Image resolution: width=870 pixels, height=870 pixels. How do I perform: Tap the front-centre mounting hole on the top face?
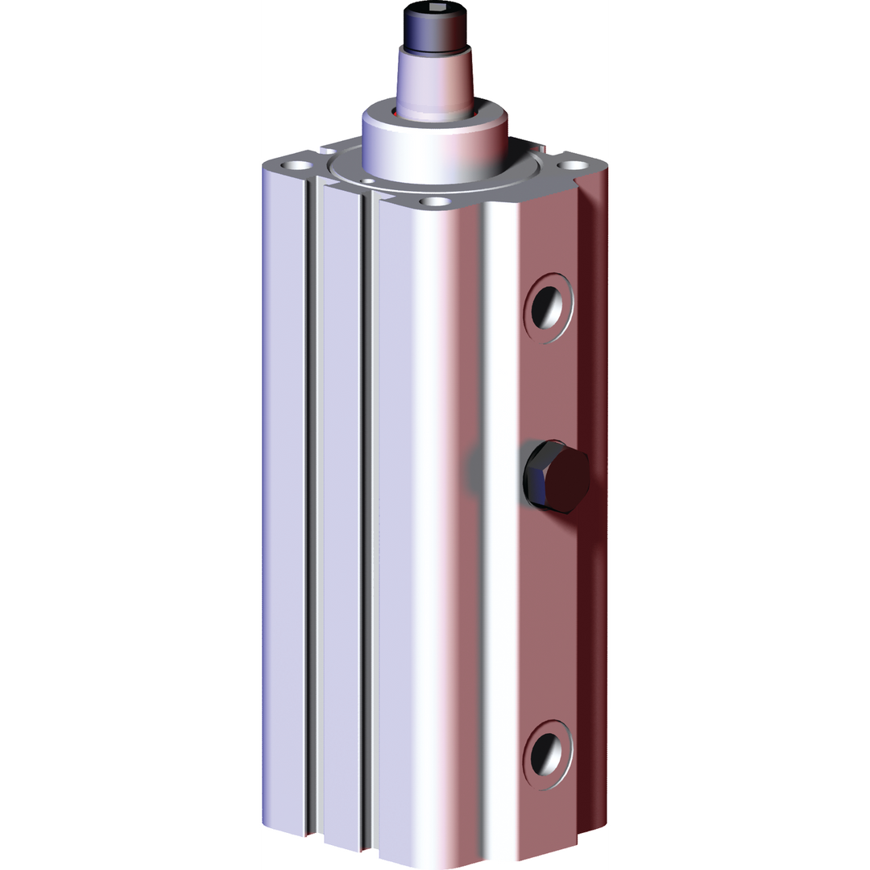click(x=436, y=202)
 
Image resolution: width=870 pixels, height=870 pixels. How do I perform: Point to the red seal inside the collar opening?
click(x=403, y=114)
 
